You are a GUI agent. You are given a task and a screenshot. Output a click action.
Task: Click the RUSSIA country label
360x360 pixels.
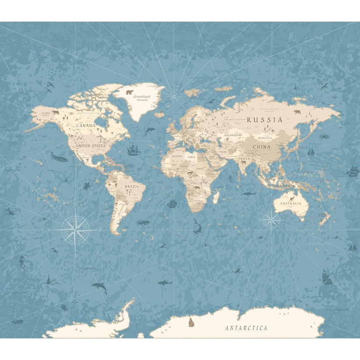(265, 119)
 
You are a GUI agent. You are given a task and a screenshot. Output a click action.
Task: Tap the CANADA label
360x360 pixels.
(86, 125)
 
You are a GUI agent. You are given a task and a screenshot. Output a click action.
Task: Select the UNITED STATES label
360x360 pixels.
(90, 145)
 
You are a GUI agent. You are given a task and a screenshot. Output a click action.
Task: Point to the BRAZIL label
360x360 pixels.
(131, 186)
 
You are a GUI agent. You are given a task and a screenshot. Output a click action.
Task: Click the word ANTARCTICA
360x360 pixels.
(246, 328)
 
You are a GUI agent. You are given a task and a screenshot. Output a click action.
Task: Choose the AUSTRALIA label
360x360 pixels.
(291, 203)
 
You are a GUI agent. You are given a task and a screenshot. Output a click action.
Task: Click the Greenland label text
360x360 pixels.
(142, 96)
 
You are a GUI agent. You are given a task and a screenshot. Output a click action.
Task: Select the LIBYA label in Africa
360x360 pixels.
(192, 157)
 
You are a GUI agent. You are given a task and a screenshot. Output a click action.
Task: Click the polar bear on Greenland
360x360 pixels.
(129, 92)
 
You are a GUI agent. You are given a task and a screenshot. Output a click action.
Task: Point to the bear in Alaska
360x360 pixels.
(56, 112)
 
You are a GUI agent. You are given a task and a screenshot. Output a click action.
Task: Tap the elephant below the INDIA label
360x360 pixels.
(243, 163)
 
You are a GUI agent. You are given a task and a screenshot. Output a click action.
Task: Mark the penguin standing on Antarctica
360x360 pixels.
(191, 323)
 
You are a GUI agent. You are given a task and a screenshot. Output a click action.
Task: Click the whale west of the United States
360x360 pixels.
(59, 157)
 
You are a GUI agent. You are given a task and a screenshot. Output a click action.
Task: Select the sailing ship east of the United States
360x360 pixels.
(134, 151)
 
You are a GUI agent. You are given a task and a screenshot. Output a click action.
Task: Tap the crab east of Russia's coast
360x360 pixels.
(324, 136)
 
